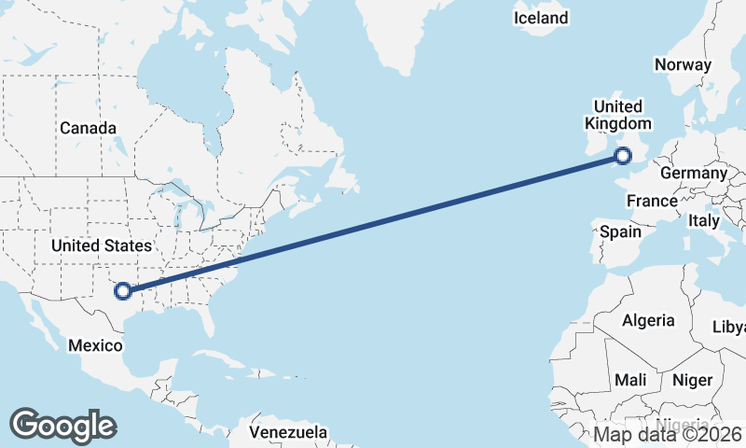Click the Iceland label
(541, 18)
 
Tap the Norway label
(683, 64)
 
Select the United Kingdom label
(617, 115)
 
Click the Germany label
(693, 173)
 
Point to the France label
(652, 201)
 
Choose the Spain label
(621, 231)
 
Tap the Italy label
(704, 221)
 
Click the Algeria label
(648, 320)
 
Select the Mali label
(630, 381)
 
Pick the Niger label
(692, 380)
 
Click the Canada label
(88, 128)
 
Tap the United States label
(102, 245)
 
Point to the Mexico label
(95, 345)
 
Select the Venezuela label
(288, 432)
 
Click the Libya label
(728, 327)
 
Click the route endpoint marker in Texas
(123, 290)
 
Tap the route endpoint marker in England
(624, 157)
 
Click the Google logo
(62, 426)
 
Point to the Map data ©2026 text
(668, 434)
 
